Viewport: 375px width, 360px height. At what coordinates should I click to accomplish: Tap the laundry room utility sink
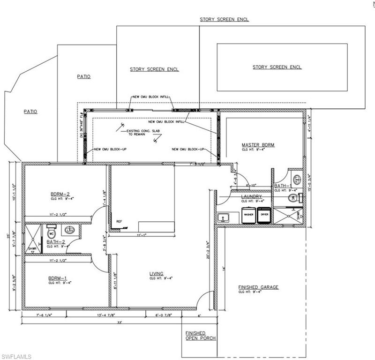(223, 217)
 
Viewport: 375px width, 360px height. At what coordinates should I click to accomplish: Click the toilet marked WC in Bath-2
(52, 232)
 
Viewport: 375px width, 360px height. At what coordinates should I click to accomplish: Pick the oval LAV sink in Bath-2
(70, 230)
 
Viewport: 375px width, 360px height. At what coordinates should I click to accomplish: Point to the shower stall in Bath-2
(33, 239)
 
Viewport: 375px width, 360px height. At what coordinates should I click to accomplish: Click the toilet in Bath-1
(296, 179)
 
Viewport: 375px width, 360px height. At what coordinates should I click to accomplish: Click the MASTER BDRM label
(258, 145)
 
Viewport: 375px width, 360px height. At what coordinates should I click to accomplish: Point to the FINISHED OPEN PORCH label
(195, 336)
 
